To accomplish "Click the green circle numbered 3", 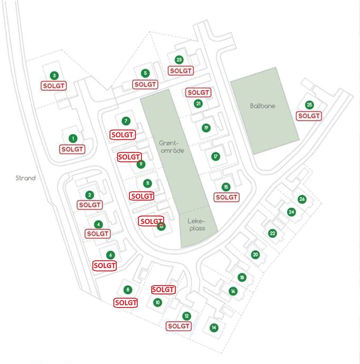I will [54, 75].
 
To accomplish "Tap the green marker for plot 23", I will [179, 60].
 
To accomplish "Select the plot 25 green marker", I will [309, 105].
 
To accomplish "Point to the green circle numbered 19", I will [206, 128].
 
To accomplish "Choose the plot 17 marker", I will [215, 156].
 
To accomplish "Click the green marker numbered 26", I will [302, 199].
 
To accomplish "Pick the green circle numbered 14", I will [214, 328].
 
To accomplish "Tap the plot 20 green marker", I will [255, 255].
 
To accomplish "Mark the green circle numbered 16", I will [233, 291].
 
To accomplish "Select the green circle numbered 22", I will [272, 233].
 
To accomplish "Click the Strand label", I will [25, 178].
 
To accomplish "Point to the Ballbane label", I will [262, 106].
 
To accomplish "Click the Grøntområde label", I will [172, 147].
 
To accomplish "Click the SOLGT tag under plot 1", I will [72, 149].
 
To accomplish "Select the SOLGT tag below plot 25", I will [309, 116].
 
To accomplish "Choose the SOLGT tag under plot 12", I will [178, 326].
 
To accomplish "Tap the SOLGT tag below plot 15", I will [226, 197].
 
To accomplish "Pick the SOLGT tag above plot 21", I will [198, 93].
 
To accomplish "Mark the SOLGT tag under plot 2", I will [90, 205].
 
